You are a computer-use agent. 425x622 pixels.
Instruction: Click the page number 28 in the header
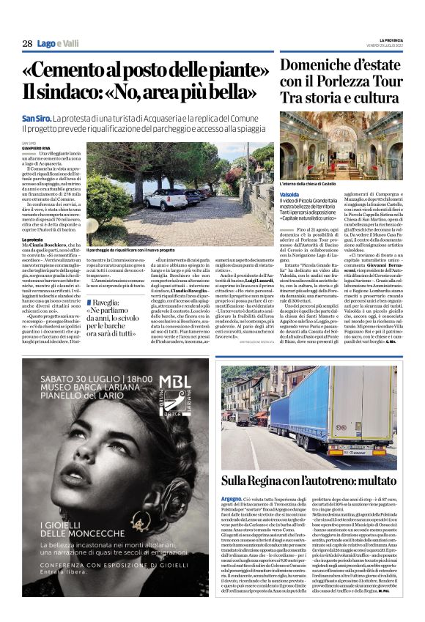[27, 44]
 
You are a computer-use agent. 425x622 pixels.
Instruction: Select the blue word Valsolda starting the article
[290, 195]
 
